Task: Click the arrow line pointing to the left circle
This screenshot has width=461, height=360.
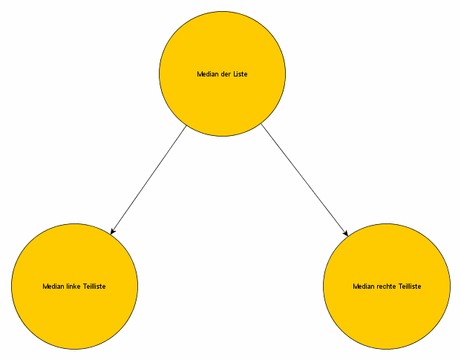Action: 148,180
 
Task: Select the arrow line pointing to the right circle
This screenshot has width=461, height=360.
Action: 304,180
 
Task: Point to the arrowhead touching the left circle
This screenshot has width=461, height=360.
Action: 112,232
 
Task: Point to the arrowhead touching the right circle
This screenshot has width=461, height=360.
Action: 345,233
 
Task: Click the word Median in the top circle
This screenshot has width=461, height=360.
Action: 208,74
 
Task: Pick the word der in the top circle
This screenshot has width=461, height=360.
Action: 226,74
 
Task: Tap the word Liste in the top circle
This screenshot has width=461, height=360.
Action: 241,74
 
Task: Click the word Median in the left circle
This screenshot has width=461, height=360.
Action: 53,286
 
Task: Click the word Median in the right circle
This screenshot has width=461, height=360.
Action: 363,286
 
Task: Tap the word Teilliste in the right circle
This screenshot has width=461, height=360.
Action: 409,286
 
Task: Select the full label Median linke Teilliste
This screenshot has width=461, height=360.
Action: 74,286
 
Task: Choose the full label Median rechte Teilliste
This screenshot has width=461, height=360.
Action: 387,286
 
